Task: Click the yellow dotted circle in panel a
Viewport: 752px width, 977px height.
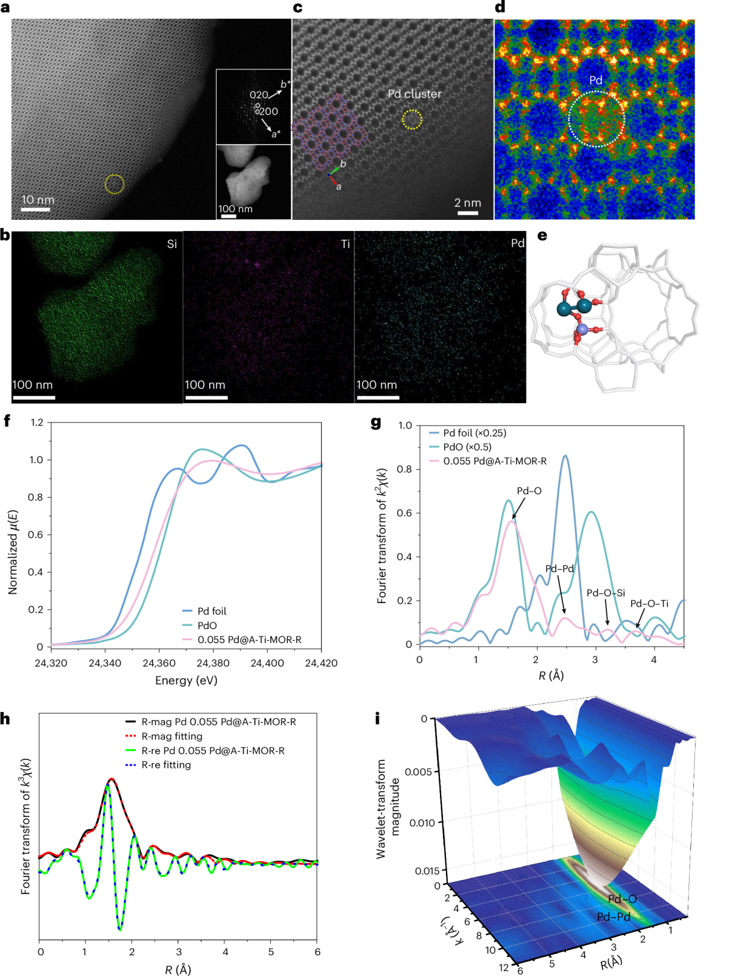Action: tap(115, 184)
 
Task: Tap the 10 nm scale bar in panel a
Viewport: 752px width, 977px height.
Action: tap(36, 209)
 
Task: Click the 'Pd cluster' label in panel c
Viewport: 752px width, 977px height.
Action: tap(414, 94)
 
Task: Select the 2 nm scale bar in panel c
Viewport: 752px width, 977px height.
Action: tap(468, 213)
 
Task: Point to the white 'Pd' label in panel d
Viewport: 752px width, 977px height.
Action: tap(596, 80)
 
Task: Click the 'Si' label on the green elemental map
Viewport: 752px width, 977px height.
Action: tap(172, 244)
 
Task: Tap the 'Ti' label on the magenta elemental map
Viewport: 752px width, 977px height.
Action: tap(345, 244)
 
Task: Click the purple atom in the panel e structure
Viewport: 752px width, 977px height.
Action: tap(582, 330)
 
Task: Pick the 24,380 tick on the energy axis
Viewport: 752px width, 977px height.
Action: tap(213, 663)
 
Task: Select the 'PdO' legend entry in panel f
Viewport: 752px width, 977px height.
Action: tap(207, 625)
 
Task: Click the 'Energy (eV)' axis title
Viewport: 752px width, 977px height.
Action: tap(186, 680)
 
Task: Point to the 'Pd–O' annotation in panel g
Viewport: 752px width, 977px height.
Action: tap(529, 491)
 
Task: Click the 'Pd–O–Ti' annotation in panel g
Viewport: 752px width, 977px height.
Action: tap(649, 604)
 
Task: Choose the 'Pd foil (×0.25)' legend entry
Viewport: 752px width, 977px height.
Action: tap(474, 433)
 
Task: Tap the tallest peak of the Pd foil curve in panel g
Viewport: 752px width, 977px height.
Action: tap(565, 456)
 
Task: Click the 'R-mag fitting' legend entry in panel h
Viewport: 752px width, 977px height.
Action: tap(172, 736)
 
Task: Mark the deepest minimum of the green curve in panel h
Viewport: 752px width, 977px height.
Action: tap(120, 929)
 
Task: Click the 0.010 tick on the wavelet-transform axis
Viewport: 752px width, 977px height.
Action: tap(422, 822)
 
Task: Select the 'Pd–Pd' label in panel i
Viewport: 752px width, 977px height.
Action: tap(613, 917)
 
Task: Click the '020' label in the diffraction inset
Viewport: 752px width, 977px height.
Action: tap(258, 95)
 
